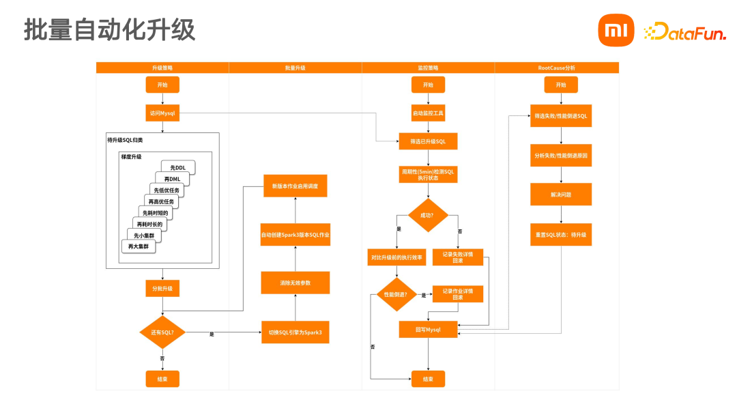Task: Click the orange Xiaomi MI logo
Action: (616, 31)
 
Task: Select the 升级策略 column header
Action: (162, 68)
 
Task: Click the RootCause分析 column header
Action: (557, 68)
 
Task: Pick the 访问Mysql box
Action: (162, 113)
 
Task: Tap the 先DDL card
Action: (179, 168)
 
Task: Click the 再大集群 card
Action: (139, 246)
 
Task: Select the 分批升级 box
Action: (162, 289)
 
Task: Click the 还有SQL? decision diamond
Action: (162, 332)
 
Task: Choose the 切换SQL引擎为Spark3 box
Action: (295, 332)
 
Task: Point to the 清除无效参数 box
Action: (295, 283)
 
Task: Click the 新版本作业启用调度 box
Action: (295, 186)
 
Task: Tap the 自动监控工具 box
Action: (428, 113)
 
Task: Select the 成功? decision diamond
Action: (428, 216)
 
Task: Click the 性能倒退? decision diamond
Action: (396, 295)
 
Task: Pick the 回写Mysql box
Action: (428, 330)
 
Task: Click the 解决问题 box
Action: (561, 195)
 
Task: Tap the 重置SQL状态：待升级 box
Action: (561, 234)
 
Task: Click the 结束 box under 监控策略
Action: (428, 379)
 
